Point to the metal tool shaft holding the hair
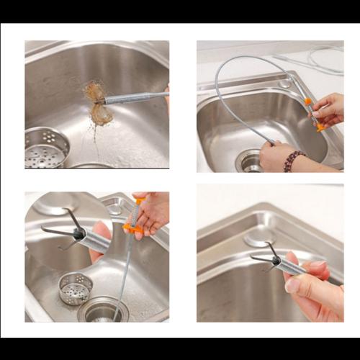(x=133, y=97)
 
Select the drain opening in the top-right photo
(x=248, y=160)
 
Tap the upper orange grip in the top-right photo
(x=309, y=102)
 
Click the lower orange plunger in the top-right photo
(x=319, y=127)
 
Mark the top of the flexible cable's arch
(x=245, y=58)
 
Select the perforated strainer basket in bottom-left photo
(x=76, y=287)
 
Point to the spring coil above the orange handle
(x=135, y=210)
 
